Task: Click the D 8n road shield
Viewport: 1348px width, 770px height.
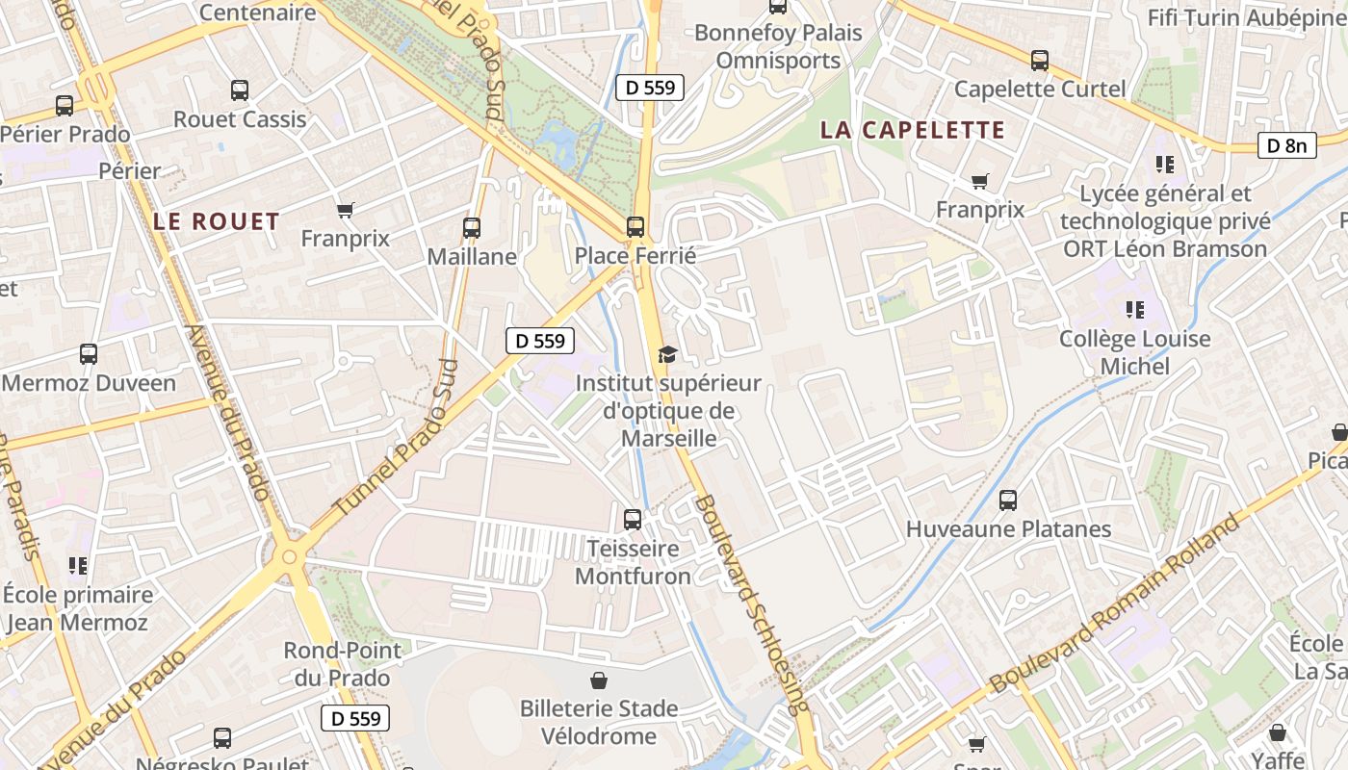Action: point(1286,145)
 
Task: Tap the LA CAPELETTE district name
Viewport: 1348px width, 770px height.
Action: point(912,130)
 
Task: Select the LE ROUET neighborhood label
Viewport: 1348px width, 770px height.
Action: point(216,221)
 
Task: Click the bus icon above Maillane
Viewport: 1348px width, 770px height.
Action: point(472,228)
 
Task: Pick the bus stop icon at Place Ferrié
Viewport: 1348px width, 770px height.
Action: point(635,227)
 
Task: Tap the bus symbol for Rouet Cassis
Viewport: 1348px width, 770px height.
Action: point(240,90)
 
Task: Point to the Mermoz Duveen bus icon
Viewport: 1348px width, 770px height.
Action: point(89,354)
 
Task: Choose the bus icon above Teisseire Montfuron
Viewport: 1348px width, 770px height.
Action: point(633,520)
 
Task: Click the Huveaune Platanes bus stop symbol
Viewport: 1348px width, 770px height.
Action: point(1008,500)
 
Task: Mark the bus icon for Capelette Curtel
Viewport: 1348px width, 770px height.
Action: point(1040,61)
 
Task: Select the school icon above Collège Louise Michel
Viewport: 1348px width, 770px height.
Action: point(1135,310)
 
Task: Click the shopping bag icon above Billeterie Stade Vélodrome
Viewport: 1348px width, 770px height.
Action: point(599,680)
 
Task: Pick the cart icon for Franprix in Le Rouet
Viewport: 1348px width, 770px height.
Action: point(345,210)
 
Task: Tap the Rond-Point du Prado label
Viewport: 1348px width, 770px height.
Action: point(342,664)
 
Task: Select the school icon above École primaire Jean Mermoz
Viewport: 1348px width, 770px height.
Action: point(78,566)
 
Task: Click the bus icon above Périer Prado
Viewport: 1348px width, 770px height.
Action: point(65,106)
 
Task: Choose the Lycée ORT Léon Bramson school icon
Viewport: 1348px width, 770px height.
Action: point(1165,165)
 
